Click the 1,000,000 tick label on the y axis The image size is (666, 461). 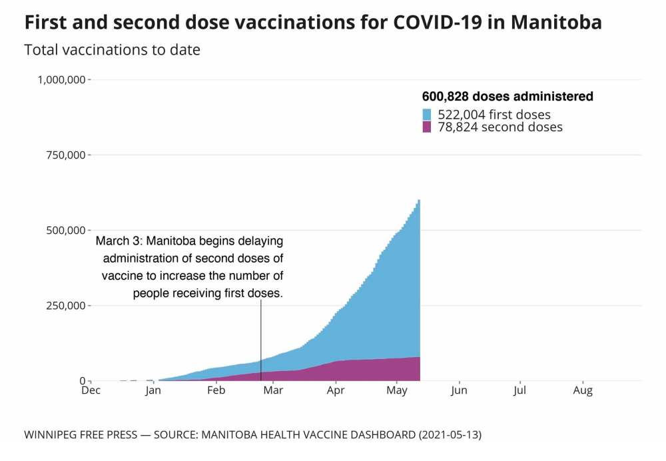[61, 80]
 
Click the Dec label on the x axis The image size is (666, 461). [91, 390]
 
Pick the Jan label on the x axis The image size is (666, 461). [153, 390]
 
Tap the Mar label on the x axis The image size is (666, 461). [273, 390]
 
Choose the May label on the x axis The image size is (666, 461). [397, 390]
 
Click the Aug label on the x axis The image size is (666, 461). [583, 390]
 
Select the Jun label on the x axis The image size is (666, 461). [459, 390]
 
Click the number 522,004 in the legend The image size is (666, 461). [460, 115]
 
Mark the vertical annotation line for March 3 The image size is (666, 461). [260, 340]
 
